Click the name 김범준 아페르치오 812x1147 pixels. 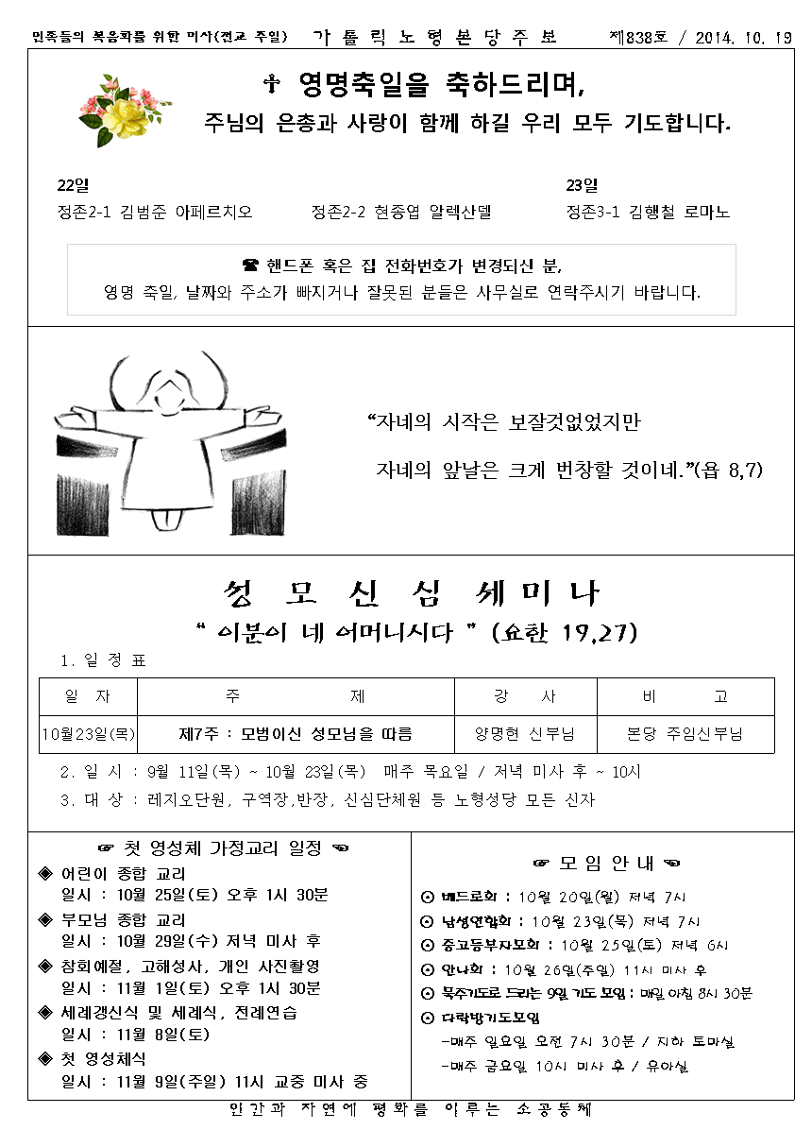(x=187, y=213)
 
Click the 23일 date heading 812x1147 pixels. (x=582, y=185)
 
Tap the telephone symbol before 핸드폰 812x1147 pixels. (x=250, y=265)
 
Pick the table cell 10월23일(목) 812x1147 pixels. (x=89, y=734)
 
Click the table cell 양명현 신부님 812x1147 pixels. (x=525, y=734)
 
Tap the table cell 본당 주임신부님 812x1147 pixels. (x=685, y=734)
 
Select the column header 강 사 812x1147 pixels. (x=525, y=697)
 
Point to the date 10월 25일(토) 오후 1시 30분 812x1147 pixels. (x=195, y=895)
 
